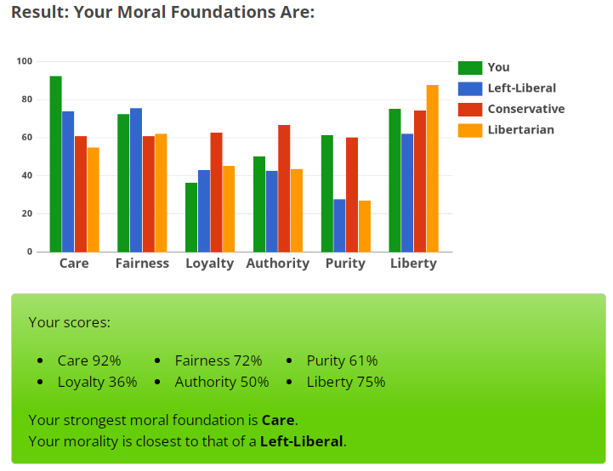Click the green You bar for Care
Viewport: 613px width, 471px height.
click(55, 164)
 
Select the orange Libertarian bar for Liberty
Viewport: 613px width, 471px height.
click(432, 168)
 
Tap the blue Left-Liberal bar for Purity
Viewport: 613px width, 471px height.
click(339, 225)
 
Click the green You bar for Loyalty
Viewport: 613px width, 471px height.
click(191, 217)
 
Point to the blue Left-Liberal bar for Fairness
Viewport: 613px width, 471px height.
click(136, 179)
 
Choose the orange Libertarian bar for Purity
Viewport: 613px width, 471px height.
click(364, 226)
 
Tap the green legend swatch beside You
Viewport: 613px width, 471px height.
click(469, 68)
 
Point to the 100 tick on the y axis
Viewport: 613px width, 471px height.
click(24, 61)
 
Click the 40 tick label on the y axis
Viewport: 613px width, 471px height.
click(26, 175)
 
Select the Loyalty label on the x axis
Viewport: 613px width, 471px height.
click(209, 263)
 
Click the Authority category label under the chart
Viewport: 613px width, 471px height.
click(277, 263)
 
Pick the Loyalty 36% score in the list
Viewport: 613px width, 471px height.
click(97, 382)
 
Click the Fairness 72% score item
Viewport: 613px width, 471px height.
click(218, 360)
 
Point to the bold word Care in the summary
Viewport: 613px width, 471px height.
click(279, 420)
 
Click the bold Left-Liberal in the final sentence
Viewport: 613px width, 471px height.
click(301, 441)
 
